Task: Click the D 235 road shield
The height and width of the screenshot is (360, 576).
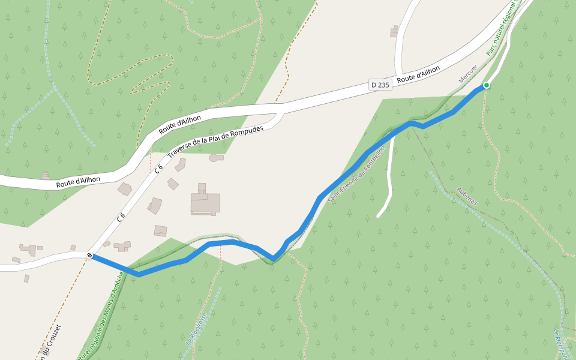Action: (380, 85)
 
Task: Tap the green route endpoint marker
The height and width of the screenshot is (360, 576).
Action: (487, 85)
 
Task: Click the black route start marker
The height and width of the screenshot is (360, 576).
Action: (90, 256)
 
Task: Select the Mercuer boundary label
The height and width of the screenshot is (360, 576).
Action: (467, 74)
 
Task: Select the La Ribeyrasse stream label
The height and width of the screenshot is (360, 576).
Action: (196, 328)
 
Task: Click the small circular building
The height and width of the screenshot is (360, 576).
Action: (214, 158)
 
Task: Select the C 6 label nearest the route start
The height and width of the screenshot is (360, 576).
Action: (121, 217)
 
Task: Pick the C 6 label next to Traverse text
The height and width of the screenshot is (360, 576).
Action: (158, 169)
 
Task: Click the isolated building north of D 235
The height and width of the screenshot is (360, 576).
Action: (394, 31)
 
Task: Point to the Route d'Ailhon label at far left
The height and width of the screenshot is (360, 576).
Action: (78, 181)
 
